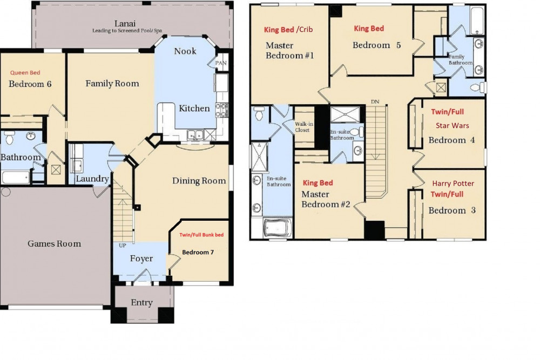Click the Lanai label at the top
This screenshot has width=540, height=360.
tap(125, 23)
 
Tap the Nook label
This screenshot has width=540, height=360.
tap(185, 51)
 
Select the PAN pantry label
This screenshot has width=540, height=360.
tap(221, 63)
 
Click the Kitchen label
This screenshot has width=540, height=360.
tap(194, 108)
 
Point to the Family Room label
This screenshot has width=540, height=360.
tap(112, 84)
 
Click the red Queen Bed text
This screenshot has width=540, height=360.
tap(25, 72)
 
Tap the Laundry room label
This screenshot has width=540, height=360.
tap(92, 179)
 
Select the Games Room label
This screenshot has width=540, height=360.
tap(54, 244)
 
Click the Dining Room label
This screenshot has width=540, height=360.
tap(199, 181)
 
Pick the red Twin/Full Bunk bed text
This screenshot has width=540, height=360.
tap(201, 235)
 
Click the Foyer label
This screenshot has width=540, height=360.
tap(141, 259)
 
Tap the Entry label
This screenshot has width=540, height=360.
tap(141, 303)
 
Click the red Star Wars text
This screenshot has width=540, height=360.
tap(453, 126)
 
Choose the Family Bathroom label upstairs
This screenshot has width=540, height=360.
tap(461, 59)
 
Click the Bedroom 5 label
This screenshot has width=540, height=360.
tap(376, 45)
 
